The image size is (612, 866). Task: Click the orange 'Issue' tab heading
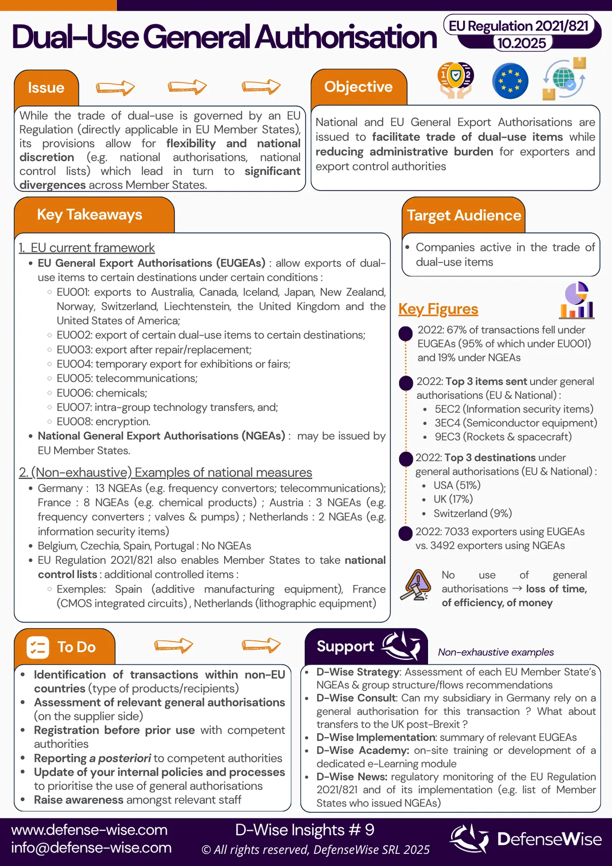[x=46, y=88]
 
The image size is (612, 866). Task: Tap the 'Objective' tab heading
[x=359, y=87]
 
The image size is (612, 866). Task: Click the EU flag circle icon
[x=510, y=81]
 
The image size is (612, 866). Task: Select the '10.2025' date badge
[x=522, y=43]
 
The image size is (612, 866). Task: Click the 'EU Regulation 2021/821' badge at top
[x=519, y=26]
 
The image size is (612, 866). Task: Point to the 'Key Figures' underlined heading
[x=438, y=309]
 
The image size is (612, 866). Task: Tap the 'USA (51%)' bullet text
[x=457, y=485]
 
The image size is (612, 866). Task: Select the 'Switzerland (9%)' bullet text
[x=473, y=513]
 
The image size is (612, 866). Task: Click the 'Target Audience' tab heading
[x=464, y=216]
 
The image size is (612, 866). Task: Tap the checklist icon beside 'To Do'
[x=37, y=647]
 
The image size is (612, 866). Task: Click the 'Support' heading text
[x=345, y=646]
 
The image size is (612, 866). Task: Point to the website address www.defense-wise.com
[x=89, y=830]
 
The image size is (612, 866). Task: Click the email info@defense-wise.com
[x=92, y=848]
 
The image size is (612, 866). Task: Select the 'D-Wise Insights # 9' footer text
[x=305, y=830]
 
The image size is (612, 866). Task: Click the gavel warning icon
[x=416, y=585]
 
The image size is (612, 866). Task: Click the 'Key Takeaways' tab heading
[x=89, y=215]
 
